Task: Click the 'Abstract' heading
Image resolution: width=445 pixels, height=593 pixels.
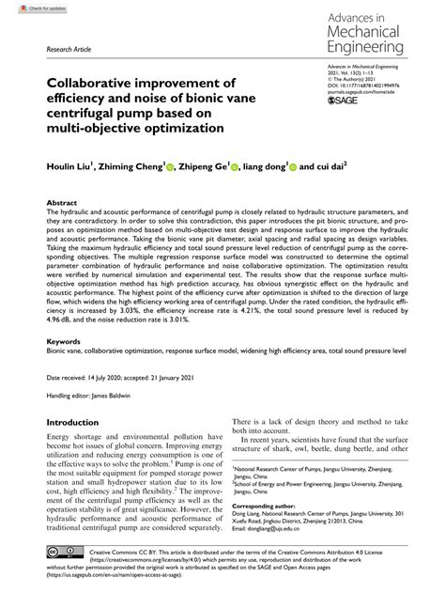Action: coord(62,203)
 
